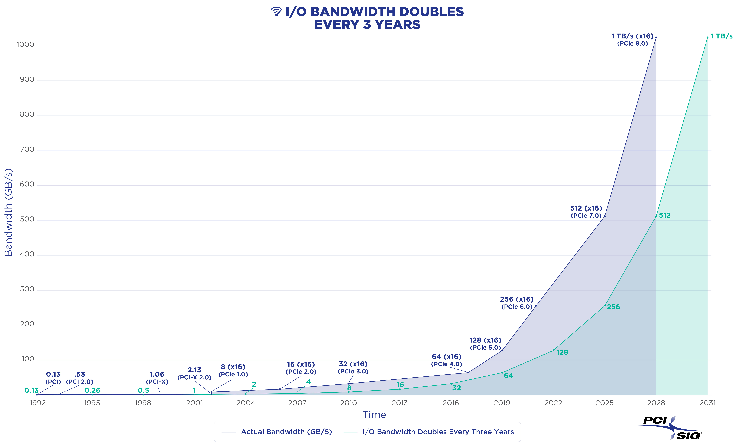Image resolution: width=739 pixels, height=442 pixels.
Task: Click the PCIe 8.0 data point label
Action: click(632, 40)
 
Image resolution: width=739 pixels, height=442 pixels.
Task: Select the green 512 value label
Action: click(665, 215)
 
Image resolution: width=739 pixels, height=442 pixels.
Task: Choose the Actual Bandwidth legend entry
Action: click(277, 432)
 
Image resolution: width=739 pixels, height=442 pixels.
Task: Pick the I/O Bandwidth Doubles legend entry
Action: click(429, 432)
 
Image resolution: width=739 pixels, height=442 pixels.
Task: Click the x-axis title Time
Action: click(374, 415)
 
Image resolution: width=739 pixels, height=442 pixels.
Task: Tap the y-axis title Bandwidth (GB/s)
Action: click(8, 212)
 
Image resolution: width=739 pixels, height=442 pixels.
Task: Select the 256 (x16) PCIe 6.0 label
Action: click(517, 303)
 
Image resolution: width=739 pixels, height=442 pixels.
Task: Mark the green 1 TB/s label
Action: click(721, 36)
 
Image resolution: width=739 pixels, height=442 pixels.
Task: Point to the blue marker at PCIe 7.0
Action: click(605, 216)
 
